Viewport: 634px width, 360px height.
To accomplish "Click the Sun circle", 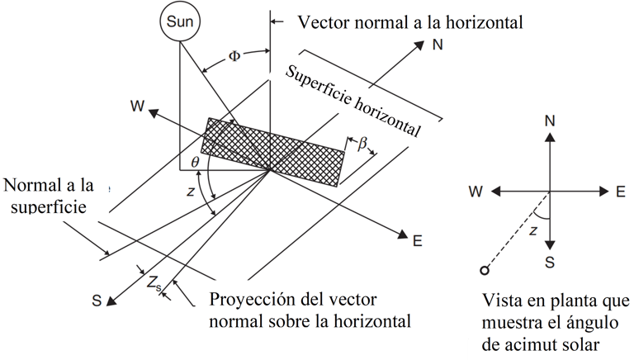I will (179, 22).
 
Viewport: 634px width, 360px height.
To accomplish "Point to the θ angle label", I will (195, 163).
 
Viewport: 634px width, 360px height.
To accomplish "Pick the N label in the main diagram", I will (438, 45).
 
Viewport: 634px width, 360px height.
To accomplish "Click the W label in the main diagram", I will (136, 106).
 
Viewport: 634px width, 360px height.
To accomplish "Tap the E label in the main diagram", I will (418, 241).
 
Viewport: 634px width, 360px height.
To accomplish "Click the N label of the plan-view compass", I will (549, 121).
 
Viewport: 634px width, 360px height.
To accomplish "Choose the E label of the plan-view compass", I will (620, 191).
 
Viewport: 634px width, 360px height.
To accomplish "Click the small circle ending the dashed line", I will (485, 270).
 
